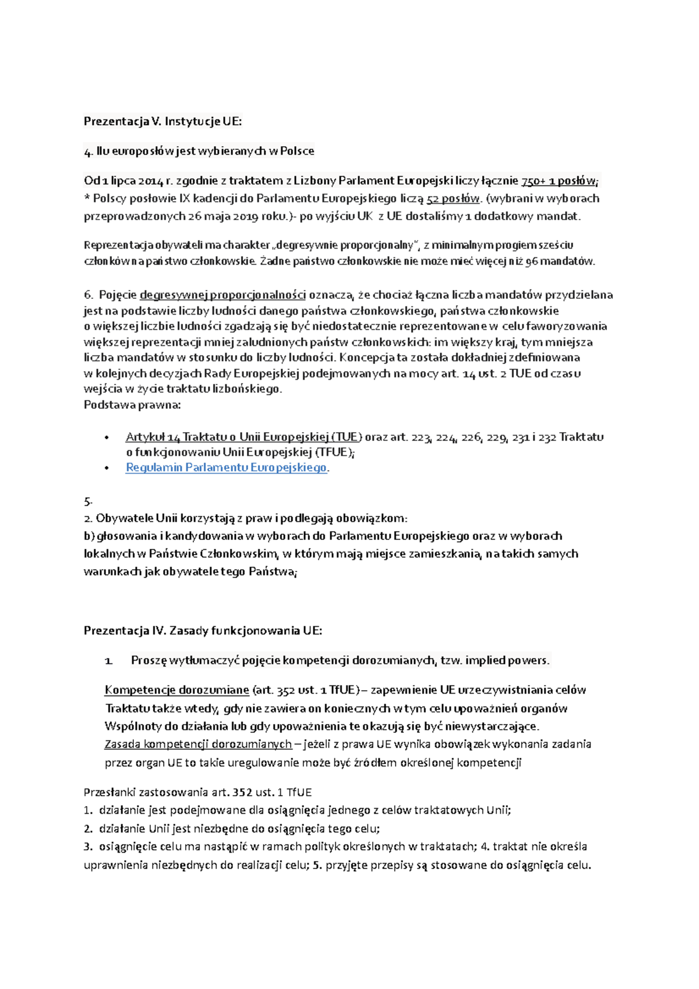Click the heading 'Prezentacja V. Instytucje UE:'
163,121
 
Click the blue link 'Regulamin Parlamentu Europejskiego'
226,468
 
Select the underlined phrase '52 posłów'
453,199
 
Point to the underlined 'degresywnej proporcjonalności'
223,295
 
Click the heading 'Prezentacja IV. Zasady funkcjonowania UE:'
203,630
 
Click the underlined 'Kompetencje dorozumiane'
176,690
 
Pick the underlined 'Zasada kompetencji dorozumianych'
198,744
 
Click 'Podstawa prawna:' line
132,405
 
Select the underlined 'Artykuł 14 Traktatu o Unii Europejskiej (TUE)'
243,437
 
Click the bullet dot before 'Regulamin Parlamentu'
106,468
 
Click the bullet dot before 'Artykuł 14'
106,437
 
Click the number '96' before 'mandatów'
531,262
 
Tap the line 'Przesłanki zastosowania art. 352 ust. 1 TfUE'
197,792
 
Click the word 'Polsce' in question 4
297,151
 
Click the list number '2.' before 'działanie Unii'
88,829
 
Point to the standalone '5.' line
88,501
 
